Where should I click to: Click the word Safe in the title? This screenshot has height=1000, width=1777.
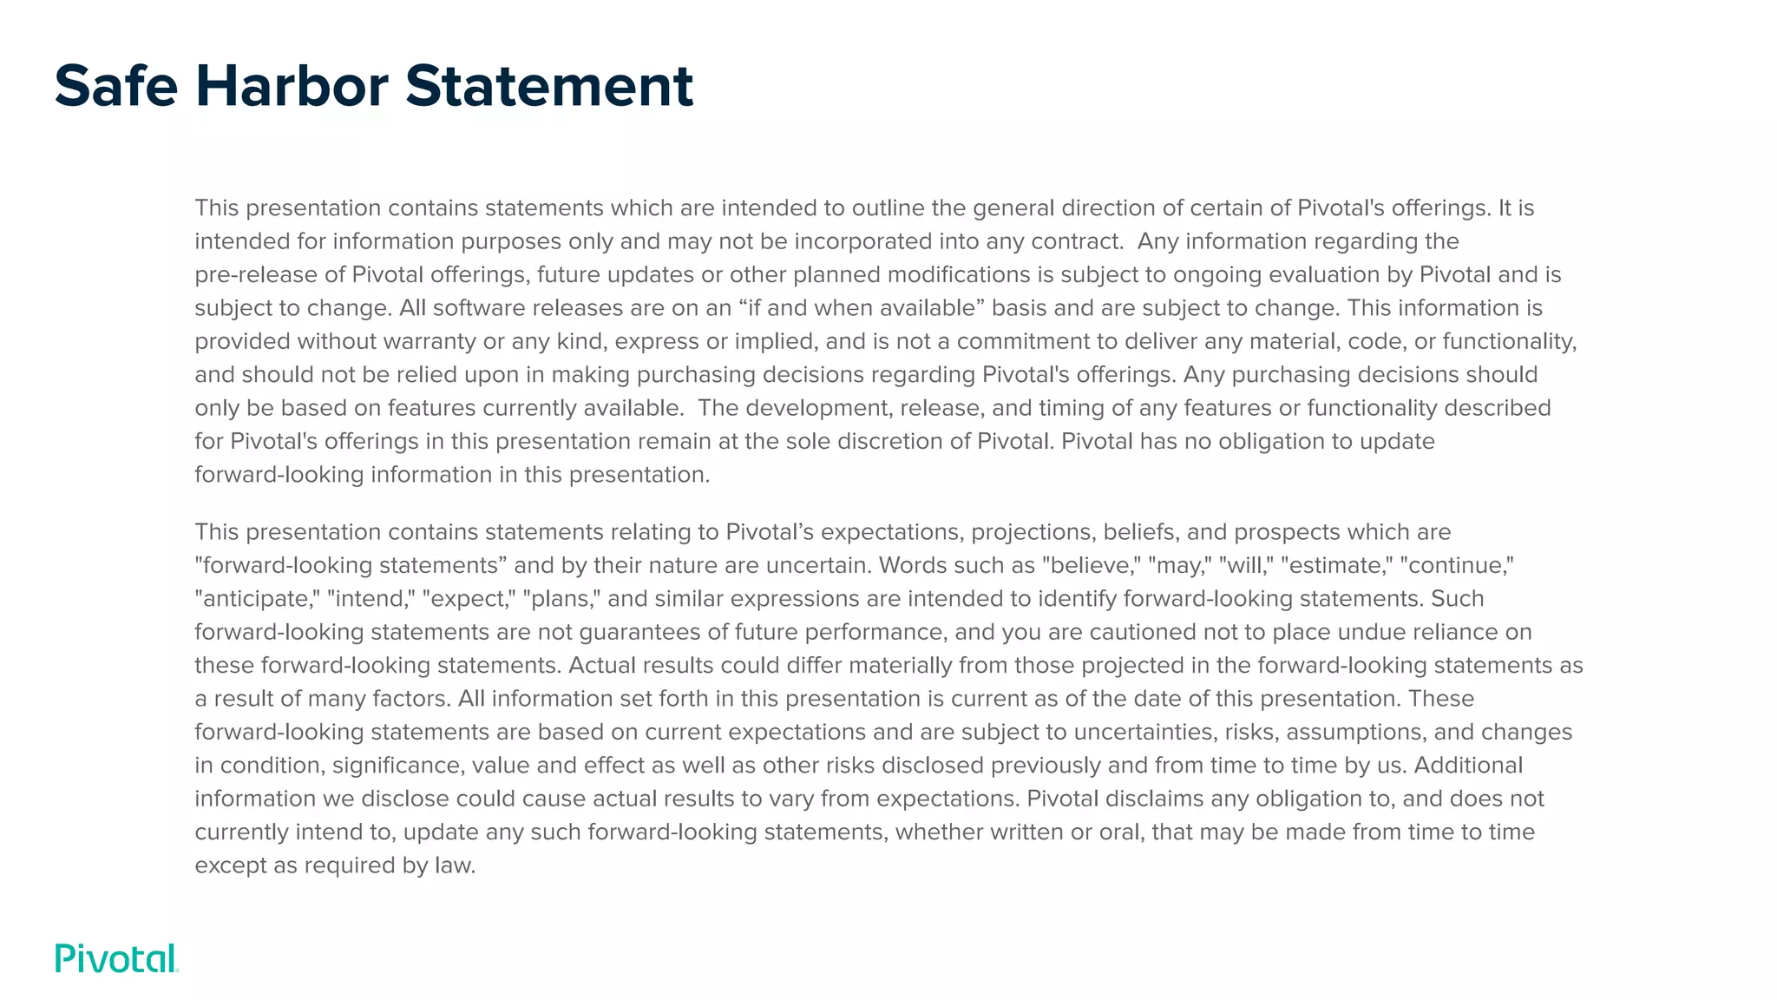pos(116,86)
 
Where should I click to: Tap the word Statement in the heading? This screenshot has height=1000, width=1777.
pos(549,86)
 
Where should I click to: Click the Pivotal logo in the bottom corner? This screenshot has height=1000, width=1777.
pos(116,958)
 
